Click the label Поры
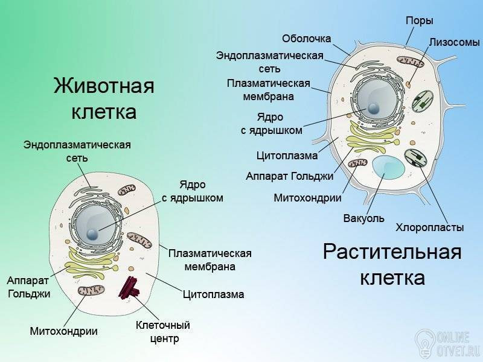[x=419, y=21]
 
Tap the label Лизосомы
[x=455, y=42]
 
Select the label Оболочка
[x=307, y=39]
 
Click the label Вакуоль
[x=364, y=218]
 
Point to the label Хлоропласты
[x=430, y=227]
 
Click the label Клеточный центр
[x=163, y=332]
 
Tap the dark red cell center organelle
[x=129, y=288]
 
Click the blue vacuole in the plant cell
[x=388, y=167]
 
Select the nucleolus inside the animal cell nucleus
[x=92, y=235]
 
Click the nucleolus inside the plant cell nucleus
[x=373, y=108]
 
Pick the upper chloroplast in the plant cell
[x=423, y=101]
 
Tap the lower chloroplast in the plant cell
[x=415, y=158]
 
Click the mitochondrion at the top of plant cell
[x=411, y=62]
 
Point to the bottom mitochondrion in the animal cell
[x=91, y=290]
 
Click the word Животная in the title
[x=104, y=85]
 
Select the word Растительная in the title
[x=392, y=252]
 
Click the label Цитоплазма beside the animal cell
[x=214, y=294]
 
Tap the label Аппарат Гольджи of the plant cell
[x=290, y=176]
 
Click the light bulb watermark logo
[x=424, y=342]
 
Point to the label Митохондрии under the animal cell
[x=64, y=331]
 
